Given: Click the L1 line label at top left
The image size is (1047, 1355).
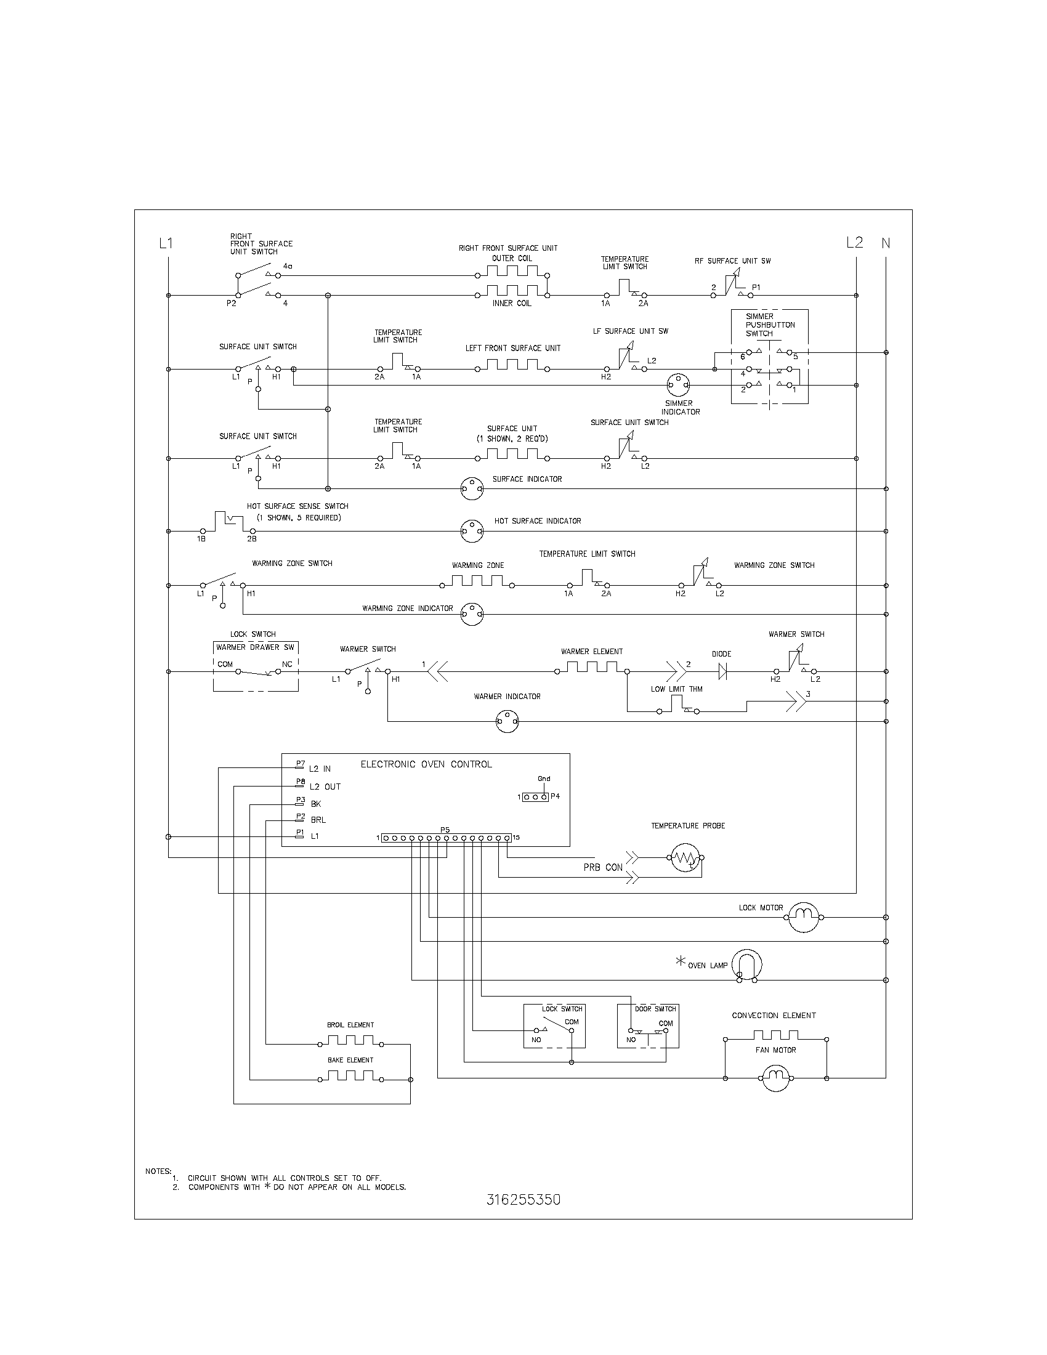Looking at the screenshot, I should click(x=166, y=243).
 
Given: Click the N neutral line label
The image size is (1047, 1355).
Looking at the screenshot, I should click(x=886, y=243).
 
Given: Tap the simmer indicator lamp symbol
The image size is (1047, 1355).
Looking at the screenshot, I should click(x=678, y=386).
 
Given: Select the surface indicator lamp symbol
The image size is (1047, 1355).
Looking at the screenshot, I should click(x=471, y=489).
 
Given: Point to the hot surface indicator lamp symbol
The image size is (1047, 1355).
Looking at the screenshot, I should click(x=471, y=531).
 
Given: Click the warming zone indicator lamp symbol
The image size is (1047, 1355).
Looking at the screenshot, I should click(x=472, y=614).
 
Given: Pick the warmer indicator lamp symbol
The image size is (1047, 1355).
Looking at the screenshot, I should click(x=507, y=722).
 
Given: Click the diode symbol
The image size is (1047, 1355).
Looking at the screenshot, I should click(x=721, y=671).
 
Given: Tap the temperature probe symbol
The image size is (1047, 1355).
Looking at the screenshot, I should click(x=685, y=859).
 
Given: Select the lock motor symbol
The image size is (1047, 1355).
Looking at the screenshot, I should click(x=804, y=917).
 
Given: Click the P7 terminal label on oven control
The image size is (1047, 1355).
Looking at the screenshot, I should click(x=300, y=764).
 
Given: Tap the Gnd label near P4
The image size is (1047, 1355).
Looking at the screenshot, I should click(x=543, y=779).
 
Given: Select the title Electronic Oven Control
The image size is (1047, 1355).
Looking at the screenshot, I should click(x=426, y=764).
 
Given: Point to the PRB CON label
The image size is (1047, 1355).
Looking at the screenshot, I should click(x=602, y=868).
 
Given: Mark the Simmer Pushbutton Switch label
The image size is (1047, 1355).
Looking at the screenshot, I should click(x=770, y=325).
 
